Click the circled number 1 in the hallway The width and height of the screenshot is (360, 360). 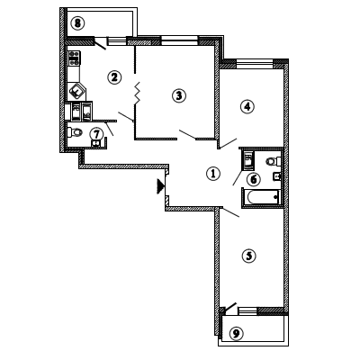coord(213,174)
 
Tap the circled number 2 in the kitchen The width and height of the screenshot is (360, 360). coord(114,77)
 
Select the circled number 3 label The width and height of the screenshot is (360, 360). coord(179,95)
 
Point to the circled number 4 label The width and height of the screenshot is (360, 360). coord(247,106)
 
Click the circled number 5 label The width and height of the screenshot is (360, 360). coord(249,256)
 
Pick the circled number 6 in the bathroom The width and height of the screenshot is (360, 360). coord(254,179)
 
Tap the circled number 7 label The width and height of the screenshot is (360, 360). coord(96,134)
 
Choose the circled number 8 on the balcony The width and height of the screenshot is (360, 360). coord(77,23)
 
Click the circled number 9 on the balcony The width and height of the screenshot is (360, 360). coord(237,333)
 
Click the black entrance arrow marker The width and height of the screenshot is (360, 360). coord(160,186)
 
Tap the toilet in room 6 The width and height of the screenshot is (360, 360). coord(273,161)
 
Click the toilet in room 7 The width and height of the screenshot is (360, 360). coord(75,132)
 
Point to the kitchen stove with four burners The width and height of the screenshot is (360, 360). coord(75,58)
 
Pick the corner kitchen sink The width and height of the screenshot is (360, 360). coord(77,91)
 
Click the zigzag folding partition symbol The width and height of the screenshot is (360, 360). coord(138,93)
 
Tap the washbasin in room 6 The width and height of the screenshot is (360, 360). coord(277,176)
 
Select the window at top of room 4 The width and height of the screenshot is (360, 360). coord(255,64)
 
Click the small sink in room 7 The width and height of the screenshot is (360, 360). coord(95,144)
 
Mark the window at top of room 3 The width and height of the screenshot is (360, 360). coord(179,40)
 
